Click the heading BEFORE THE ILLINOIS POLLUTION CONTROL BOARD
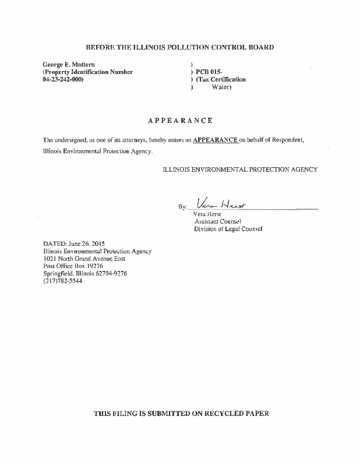tap(179, 47)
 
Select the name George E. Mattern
tap(69, 64)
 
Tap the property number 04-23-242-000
tap(63, 79)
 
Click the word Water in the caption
tap(221, 87)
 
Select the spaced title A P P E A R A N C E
tap(180, 121)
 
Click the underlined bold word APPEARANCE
tap(215, 140)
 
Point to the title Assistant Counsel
tap(217, 221)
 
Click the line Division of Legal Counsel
tap(228, 229)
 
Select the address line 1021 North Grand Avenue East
tap(84, 259)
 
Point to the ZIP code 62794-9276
tap(111, 273)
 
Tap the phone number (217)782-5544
tap(63, 281)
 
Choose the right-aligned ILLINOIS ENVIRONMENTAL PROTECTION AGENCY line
tap(240, 170)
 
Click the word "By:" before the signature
tap(183, 207)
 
